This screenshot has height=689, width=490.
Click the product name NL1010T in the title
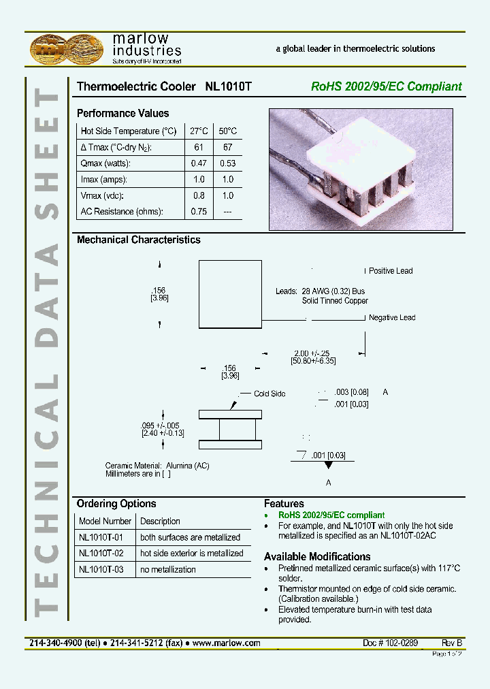point(228,86)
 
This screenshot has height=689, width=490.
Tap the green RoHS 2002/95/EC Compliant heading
point(386,86)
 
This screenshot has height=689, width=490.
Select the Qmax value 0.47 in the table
point(199,163)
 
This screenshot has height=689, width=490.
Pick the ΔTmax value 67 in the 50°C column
point(227,147)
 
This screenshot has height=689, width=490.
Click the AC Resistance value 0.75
point(199,211)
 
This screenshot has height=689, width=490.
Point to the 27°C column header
point(199,131)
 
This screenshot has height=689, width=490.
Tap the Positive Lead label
point(391,271)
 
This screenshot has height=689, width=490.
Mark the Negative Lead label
point(392,317)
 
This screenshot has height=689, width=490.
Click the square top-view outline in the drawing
point(229,294)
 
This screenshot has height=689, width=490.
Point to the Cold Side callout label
point(269,394)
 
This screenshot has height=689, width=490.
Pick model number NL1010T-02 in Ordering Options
point(101,554)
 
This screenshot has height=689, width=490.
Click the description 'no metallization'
point(168,569)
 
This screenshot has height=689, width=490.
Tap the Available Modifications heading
point(317,556)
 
